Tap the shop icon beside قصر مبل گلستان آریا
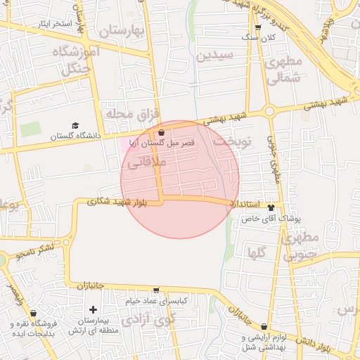(x=162, y=131)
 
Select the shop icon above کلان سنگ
(x=258, y=27)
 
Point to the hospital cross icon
(x=93, y=309)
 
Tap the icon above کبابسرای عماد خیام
(x=155, y=290)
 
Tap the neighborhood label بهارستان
(x=121, y=32)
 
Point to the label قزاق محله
(x=133, y=113)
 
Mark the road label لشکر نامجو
(x=37, y=251)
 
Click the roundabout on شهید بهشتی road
(x=269, y=110)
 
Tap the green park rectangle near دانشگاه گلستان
(x=30, y=130)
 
